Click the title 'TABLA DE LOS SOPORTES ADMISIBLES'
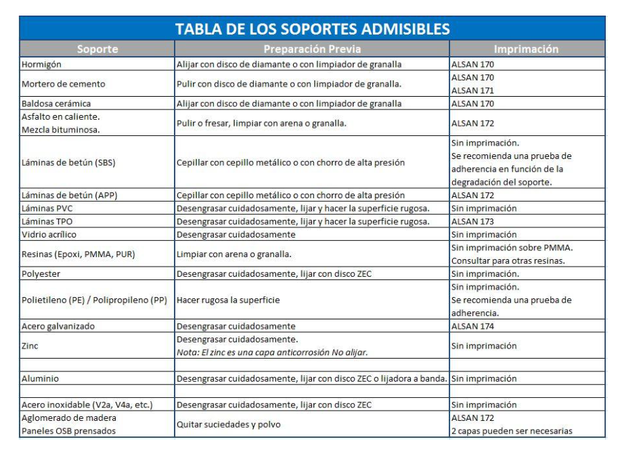click(x=312, y=29)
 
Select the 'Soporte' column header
click(x=97, y=49)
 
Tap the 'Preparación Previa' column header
click(x=312, y=49)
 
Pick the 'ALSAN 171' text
click(x=472, y=90)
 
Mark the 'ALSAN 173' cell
click(x=472, y=221)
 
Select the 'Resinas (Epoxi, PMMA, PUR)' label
click(x=81, y=254)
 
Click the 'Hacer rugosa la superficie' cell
click(x=228, y=300)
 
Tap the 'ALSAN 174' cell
click(x=472, y=326)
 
